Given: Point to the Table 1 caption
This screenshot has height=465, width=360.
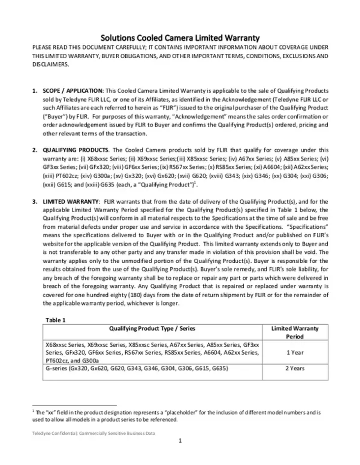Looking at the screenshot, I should pyautogui.click(x=56, y=320).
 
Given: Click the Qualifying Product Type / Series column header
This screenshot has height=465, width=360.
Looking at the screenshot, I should pyautogui.click(x=152, y=329).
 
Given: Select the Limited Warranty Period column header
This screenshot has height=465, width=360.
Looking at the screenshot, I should pyautogui.click(x=295, y=332).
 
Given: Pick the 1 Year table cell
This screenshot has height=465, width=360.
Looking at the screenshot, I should pyautogui.click(x=295, y=352).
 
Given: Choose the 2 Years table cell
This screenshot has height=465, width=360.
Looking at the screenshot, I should pyautogui.click(x=295, y=369).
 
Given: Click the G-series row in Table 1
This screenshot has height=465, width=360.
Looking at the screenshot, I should pyautogui.click(x=137, y=369).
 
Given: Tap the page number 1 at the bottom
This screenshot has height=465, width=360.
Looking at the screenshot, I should pyautogui.click(x=180, y=441).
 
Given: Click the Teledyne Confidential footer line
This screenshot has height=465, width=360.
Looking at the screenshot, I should pyautogui.click(x=93, y=433).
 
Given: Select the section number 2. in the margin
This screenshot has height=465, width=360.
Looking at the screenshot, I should pyautogui.click(x=35, y=150).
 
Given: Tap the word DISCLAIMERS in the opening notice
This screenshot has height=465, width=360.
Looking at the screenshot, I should pyautogui.click(x=50, y=64).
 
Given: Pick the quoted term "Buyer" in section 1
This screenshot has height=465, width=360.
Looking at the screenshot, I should pyautogui.click(x=54, y=117).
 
